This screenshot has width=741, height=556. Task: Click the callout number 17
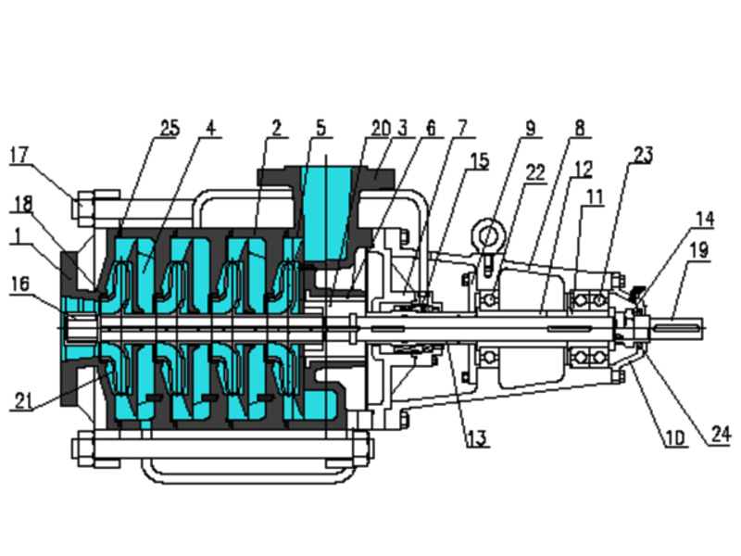[x=19, y=155]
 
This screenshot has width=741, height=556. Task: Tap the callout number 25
[x=170, y=128]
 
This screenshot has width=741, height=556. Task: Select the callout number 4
[x=210, y=128]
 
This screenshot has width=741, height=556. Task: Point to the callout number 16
[x=19, y=284]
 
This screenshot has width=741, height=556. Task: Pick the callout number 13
[x=476, y=438]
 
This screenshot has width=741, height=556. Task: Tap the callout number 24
[x=722, y=434]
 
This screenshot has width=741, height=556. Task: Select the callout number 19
[x=699, y=249]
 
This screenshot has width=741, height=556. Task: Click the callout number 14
[x=705, y=219]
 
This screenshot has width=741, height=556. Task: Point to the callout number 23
[x=643, y=155]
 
